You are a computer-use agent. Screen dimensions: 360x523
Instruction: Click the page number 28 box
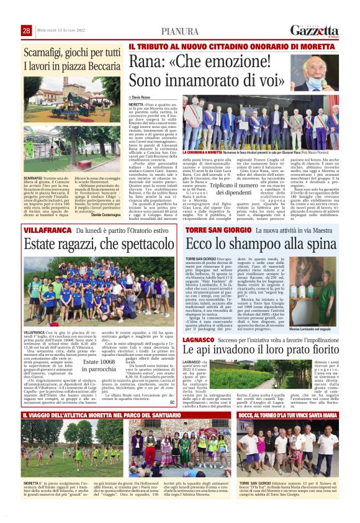pos(27,31)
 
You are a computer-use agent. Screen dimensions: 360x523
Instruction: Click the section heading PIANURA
pos(179,32)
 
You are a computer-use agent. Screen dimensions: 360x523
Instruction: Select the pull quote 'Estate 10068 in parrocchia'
pos(99,365)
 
